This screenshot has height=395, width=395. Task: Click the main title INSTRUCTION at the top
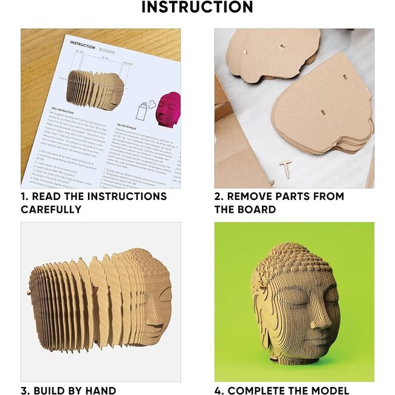pos(197,8)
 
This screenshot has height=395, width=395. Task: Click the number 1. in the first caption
pos(26,196)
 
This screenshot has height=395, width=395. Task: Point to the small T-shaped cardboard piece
pos(286,170)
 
